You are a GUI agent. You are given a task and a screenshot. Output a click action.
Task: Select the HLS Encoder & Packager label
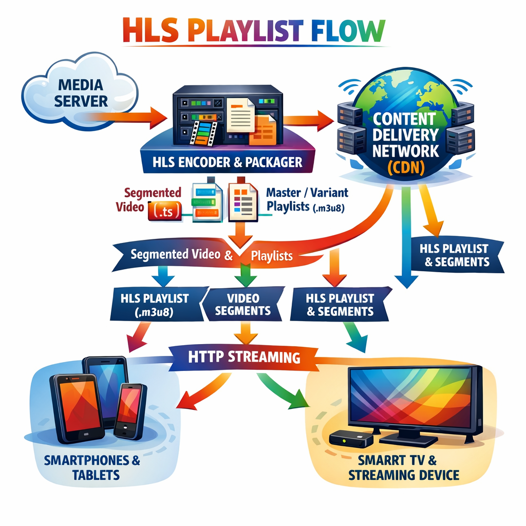tap(228, 162)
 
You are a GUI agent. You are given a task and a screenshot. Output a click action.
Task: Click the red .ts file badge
tap(163, 211)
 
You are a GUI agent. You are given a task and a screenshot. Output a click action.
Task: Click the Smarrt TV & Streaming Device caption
tap(404, 467)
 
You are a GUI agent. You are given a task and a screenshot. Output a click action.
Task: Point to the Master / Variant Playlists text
tap(307, 200)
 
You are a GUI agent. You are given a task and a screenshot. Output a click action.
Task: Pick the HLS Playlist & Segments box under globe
tap(454, 255)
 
